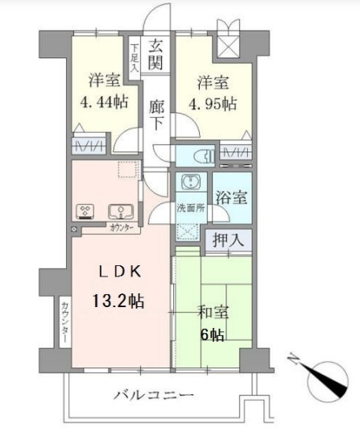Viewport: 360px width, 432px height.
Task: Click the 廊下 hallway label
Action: (157, 114)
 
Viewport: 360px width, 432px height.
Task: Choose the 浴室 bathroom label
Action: (232, 196)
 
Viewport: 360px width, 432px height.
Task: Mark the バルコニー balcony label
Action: (154, 396)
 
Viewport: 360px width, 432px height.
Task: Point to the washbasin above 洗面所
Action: (190, 183)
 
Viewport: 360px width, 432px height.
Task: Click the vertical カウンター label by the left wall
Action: (64, 322)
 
